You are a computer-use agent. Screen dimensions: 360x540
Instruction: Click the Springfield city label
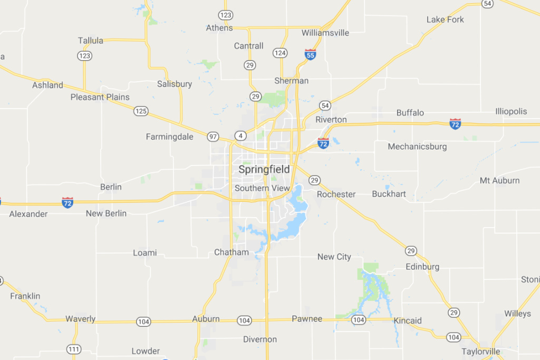[x=264, y=170]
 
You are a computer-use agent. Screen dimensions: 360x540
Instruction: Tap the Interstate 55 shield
[x=311, y=54]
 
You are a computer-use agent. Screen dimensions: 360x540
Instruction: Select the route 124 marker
[x=280, y=53]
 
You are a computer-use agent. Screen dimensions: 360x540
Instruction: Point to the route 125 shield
[x=141, y=111]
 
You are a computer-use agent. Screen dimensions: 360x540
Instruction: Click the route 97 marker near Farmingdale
[x=213, y=137]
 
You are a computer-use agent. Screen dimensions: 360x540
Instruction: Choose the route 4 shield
[x=240, y=136]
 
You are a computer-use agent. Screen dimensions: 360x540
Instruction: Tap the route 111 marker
[x=74, y=349]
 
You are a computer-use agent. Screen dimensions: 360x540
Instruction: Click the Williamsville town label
[x=325, y=33]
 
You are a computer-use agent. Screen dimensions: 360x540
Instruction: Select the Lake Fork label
[x=445, y=20]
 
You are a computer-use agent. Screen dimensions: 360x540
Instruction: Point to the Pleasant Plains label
[x=100, y=97]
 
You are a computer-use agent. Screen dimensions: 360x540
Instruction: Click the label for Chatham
[x=232, y=252]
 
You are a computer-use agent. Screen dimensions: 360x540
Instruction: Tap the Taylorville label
[x=480, y=352]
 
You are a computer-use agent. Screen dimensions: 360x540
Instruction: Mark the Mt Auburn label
[x=499, y=180]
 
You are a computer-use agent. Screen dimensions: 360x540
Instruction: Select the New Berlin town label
[x=107, y=213]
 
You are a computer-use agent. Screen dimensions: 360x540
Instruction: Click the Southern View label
[x=263, y=188]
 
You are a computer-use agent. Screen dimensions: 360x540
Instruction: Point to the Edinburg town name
[x=422, y=267]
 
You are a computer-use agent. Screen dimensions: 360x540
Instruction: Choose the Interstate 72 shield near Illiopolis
[x=455, y=124]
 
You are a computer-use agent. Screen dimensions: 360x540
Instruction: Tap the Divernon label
[x=260, y=339]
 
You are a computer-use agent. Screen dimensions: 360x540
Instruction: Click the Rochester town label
[x=336, y=194]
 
